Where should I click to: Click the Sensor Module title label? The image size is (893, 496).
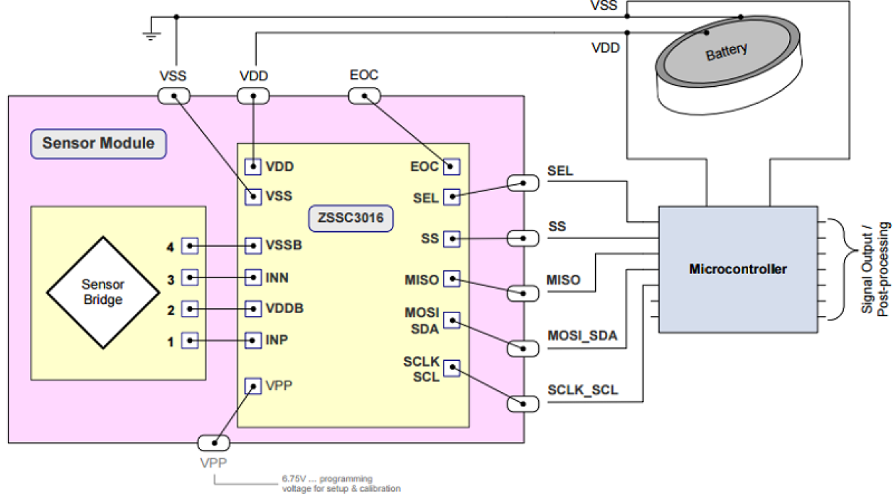(x=98, y=143)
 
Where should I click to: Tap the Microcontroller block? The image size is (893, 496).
(x=737, y=269)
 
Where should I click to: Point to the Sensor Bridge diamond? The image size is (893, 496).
(x=102, y=292)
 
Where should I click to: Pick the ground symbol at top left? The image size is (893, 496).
(x=151, y=33)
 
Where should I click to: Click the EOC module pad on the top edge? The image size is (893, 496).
(x=364, y=96)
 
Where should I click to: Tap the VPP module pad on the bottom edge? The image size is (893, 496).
(x=213, y=443)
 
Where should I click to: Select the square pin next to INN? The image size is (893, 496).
(x=252, y=277)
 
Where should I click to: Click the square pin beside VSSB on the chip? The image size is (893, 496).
(x=252, y=246)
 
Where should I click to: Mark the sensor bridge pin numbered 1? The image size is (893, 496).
(x=190, y=341)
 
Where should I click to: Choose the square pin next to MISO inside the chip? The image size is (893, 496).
(x=451, y=279)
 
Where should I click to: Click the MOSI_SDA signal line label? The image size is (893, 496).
(x=582, y=335)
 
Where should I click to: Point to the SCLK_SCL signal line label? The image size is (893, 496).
(x=582, y=390)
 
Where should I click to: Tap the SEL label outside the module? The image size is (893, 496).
(x=560, y=172)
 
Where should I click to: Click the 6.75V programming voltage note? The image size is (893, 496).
(x=341, y=484)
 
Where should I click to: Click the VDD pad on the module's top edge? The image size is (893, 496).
(x=253, y=96)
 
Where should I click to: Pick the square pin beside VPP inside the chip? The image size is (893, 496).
(x=252, y=386)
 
